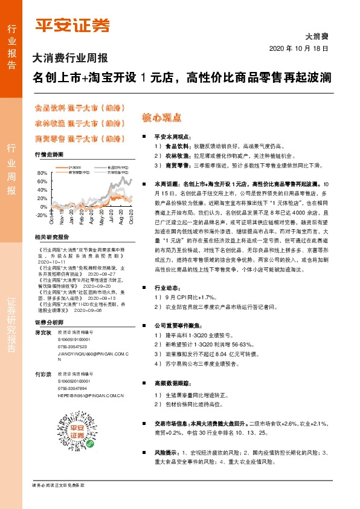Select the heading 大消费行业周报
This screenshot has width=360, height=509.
click(x=69, y=59)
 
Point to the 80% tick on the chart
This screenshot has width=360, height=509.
click(x=42, y=173)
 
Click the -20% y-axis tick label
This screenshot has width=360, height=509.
click(x=41, y=215)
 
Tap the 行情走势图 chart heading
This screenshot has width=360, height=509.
click(x=49, y=155)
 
